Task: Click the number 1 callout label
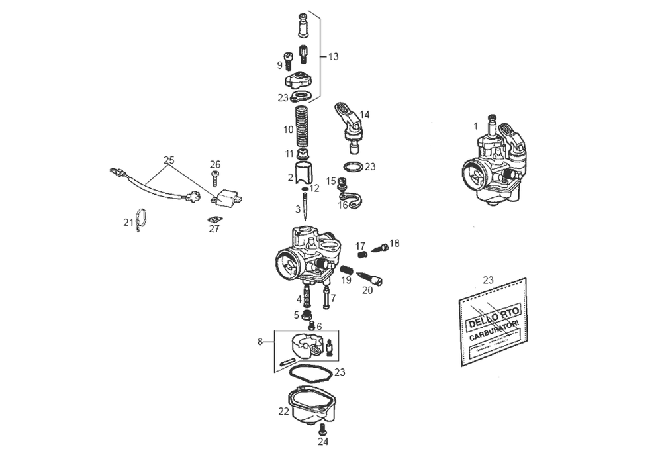(x=475, y=125)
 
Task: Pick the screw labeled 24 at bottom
(x=322, y=428)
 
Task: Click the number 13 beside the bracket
(x=333, y=57)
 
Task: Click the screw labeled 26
(x=214, y=176)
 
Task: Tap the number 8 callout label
(x=260, y=342)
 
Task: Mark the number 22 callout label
(x=283, y=411)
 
